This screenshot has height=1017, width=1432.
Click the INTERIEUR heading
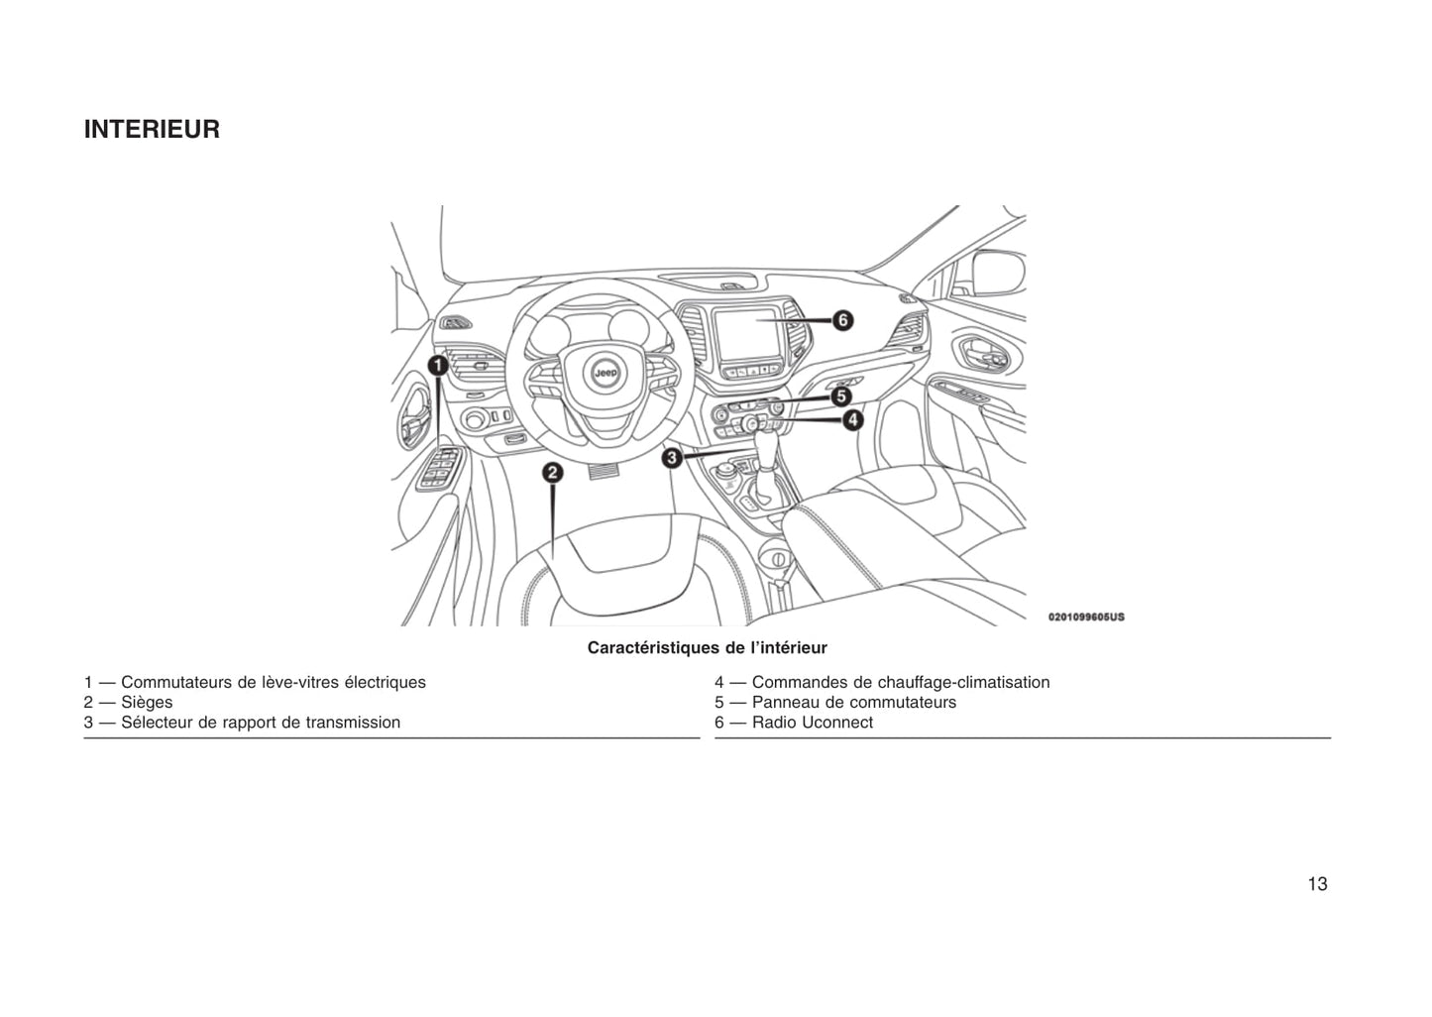pos(152,129)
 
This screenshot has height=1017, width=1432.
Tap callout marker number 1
pos(438,366)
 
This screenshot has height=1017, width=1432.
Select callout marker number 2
pos(553,473)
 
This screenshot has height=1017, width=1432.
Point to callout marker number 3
pos(672,458)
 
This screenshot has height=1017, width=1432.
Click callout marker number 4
pos(853,420)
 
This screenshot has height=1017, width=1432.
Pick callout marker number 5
pos(841,396)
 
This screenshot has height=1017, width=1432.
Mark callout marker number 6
pos(842,320)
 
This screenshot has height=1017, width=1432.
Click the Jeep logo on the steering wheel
pos(606,373)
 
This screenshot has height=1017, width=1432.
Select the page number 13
pos(1318,884)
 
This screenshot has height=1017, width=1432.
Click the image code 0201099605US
pos(1086,618)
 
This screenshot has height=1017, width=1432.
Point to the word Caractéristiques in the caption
pos(654,648)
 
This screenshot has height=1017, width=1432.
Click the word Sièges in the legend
pos(147,703)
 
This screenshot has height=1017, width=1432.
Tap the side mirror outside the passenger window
pos(999,274)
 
